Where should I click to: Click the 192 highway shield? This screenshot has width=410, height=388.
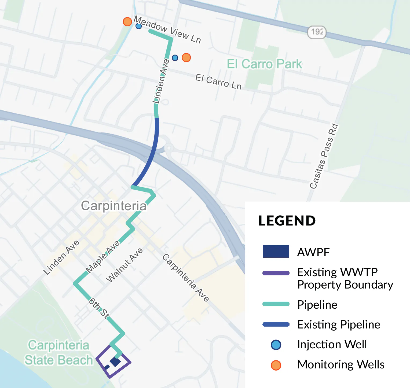click(317, 32)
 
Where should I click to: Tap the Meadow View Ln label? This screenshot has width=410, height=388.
click(167, 29)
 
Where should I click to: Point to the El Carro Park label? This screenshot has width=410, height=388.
click(264, 64)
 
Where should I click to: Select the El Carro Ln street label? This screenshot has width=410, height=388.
click(218, 82)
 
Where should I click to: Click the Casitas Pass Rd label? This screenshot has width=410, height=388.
click(324, 156)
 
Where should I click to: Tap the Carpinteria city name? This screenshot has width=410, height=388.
click(114, 206)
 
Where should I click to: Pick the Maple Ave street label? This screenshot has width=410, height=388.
click(103, 257)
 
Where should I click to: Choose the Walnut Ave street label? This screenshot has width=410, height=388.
click(125, 265)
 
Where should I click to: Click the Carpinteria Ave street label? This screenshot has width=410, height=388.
click(186, 278)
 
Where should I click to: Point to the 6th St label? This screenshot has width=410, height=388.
click(99, 308)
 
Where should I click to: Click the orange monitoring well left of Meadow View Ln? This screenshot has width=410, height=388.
click(127, 21)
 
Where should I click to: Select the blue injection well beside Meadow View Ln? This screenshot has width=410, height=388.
click(138, 26)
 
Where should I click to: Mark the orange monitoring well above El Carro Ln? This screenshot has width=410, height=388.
click(186, 57)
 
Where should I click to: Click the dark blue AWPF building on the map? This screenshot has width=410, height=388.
click(115, 362)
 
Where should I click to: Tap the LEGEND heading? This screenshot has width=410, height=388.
click(287, 221)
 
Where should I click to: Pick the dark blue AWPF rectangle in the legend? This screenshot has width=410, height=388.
click(276, 252)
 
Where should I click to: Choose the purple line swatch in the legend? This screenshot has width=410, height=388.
click(276, 273)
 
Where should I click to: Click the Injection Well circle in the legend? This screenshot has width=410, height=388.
click(276, 345)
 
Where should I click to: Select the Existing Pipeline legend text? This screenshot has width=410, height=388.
click(339, 324)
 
